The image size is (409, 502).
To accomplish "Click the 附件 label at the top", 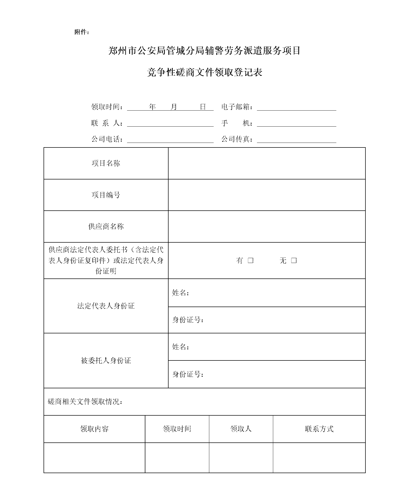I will pos(81,32).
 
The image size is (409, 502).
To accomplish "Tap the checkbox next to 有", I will pos(251,260).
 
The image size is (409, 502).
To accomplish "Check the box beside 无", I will pos(294,260).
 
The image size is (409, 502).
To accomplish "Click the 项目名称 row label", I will pos(106,163).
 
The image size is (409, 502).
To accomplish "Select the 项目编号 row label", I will pos(106,195).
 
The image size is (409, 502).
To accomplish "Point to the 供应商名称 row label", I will pos(106,226).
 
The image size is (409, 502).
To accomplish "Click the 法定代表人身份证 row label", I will pos(106,306).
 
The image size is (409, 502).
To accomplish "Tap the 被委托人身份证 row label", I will pos(106,360).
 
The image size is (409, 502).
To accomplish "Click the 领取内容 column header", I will pos(94,429).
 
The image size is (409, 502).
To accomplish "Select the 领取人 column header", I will pos(241,429).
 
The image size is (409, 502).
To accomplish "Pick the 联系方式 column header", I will pos(319,429).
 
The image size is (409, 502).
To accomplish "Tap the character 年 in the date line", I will pos(152,107).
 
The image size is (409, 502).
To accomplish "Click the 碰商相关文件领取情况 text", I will pos(85,402).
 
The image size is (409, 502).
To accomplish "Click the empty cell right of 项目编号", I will pos(266,195).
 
